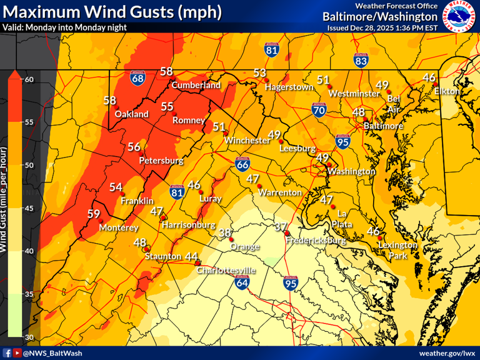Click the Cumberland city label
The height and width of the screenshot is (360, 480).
(196, 85)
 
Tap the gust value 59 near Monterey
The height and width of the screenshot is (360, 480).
(94, 214)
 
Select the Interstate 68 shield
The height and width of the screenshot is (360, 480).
(139, 79)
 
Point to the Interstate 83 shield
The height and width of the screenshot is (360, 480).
(361, 61)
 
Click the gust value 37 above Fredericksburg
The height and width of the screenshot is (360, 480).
(281, 227)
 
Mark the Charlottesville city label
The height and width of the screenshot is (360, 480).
(226, 270)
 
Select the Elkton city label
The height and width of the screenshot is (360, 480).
(447, 91)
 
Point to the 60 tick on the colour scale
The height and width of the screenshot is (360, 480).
(29, 79)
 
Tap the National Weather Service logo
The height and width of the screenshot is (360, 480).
(459, 17)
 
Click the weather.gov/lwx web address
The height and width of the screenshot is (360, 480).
(447, 353)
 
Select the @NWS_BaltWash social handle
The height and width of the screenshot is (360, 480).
(52, 353)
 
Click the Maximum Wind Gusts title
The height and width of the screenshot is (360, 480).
(112, 11)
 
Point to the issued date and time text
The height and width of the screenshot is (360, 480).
(382, 27)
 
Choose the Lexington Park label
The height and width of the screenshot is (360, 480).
(397, 250)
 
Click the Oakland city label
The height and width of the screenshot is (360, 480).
(132, 114)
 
